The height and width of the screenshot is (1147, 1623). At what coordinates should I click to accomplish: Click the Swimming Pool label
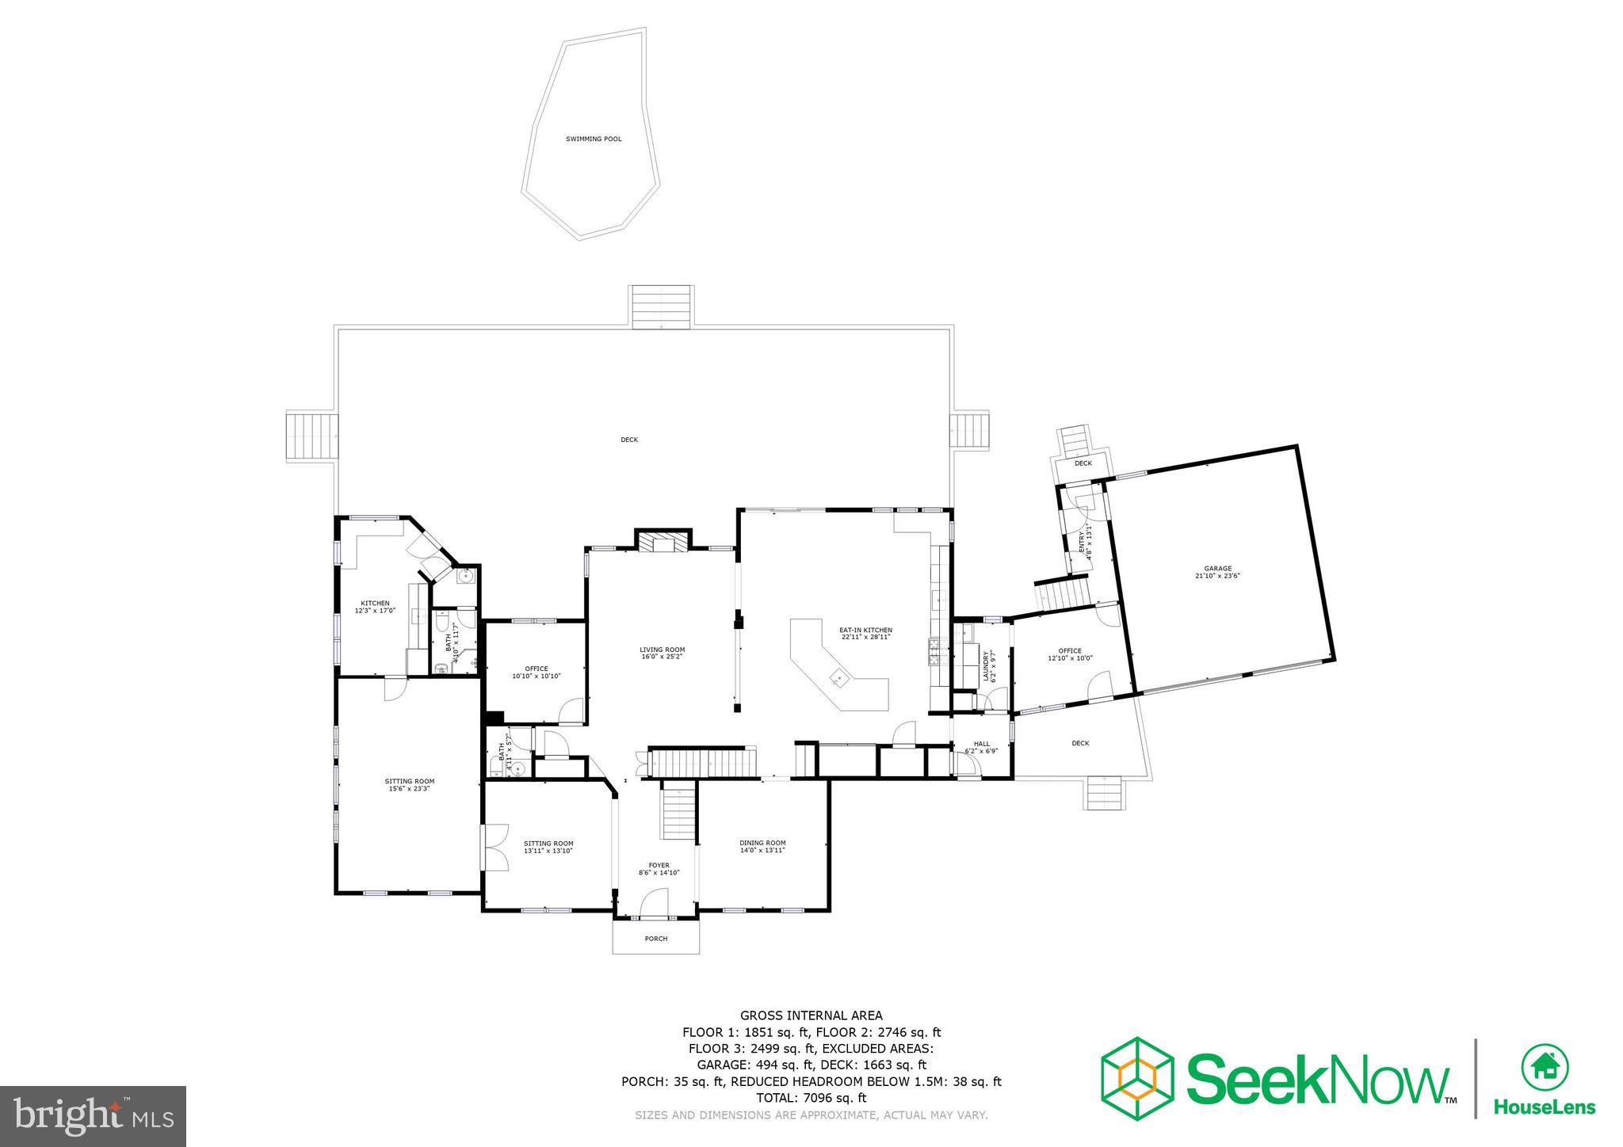(593, 139)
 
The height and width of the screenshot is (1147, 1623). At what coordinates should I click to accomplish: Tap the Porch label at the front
(655, 939)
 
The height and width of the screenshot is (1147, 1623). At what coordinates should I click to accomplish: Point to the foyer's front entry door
(655, 903)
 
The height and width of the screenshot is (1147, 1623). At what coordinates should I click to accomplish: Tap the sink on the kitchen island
(838, 677)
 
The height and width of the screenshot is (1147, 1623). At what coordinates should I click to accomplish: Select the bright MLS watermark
(93, 1117)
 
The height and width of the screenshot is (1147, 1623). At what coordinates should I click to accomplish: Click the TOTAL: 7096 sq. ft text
(811, 1098)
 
